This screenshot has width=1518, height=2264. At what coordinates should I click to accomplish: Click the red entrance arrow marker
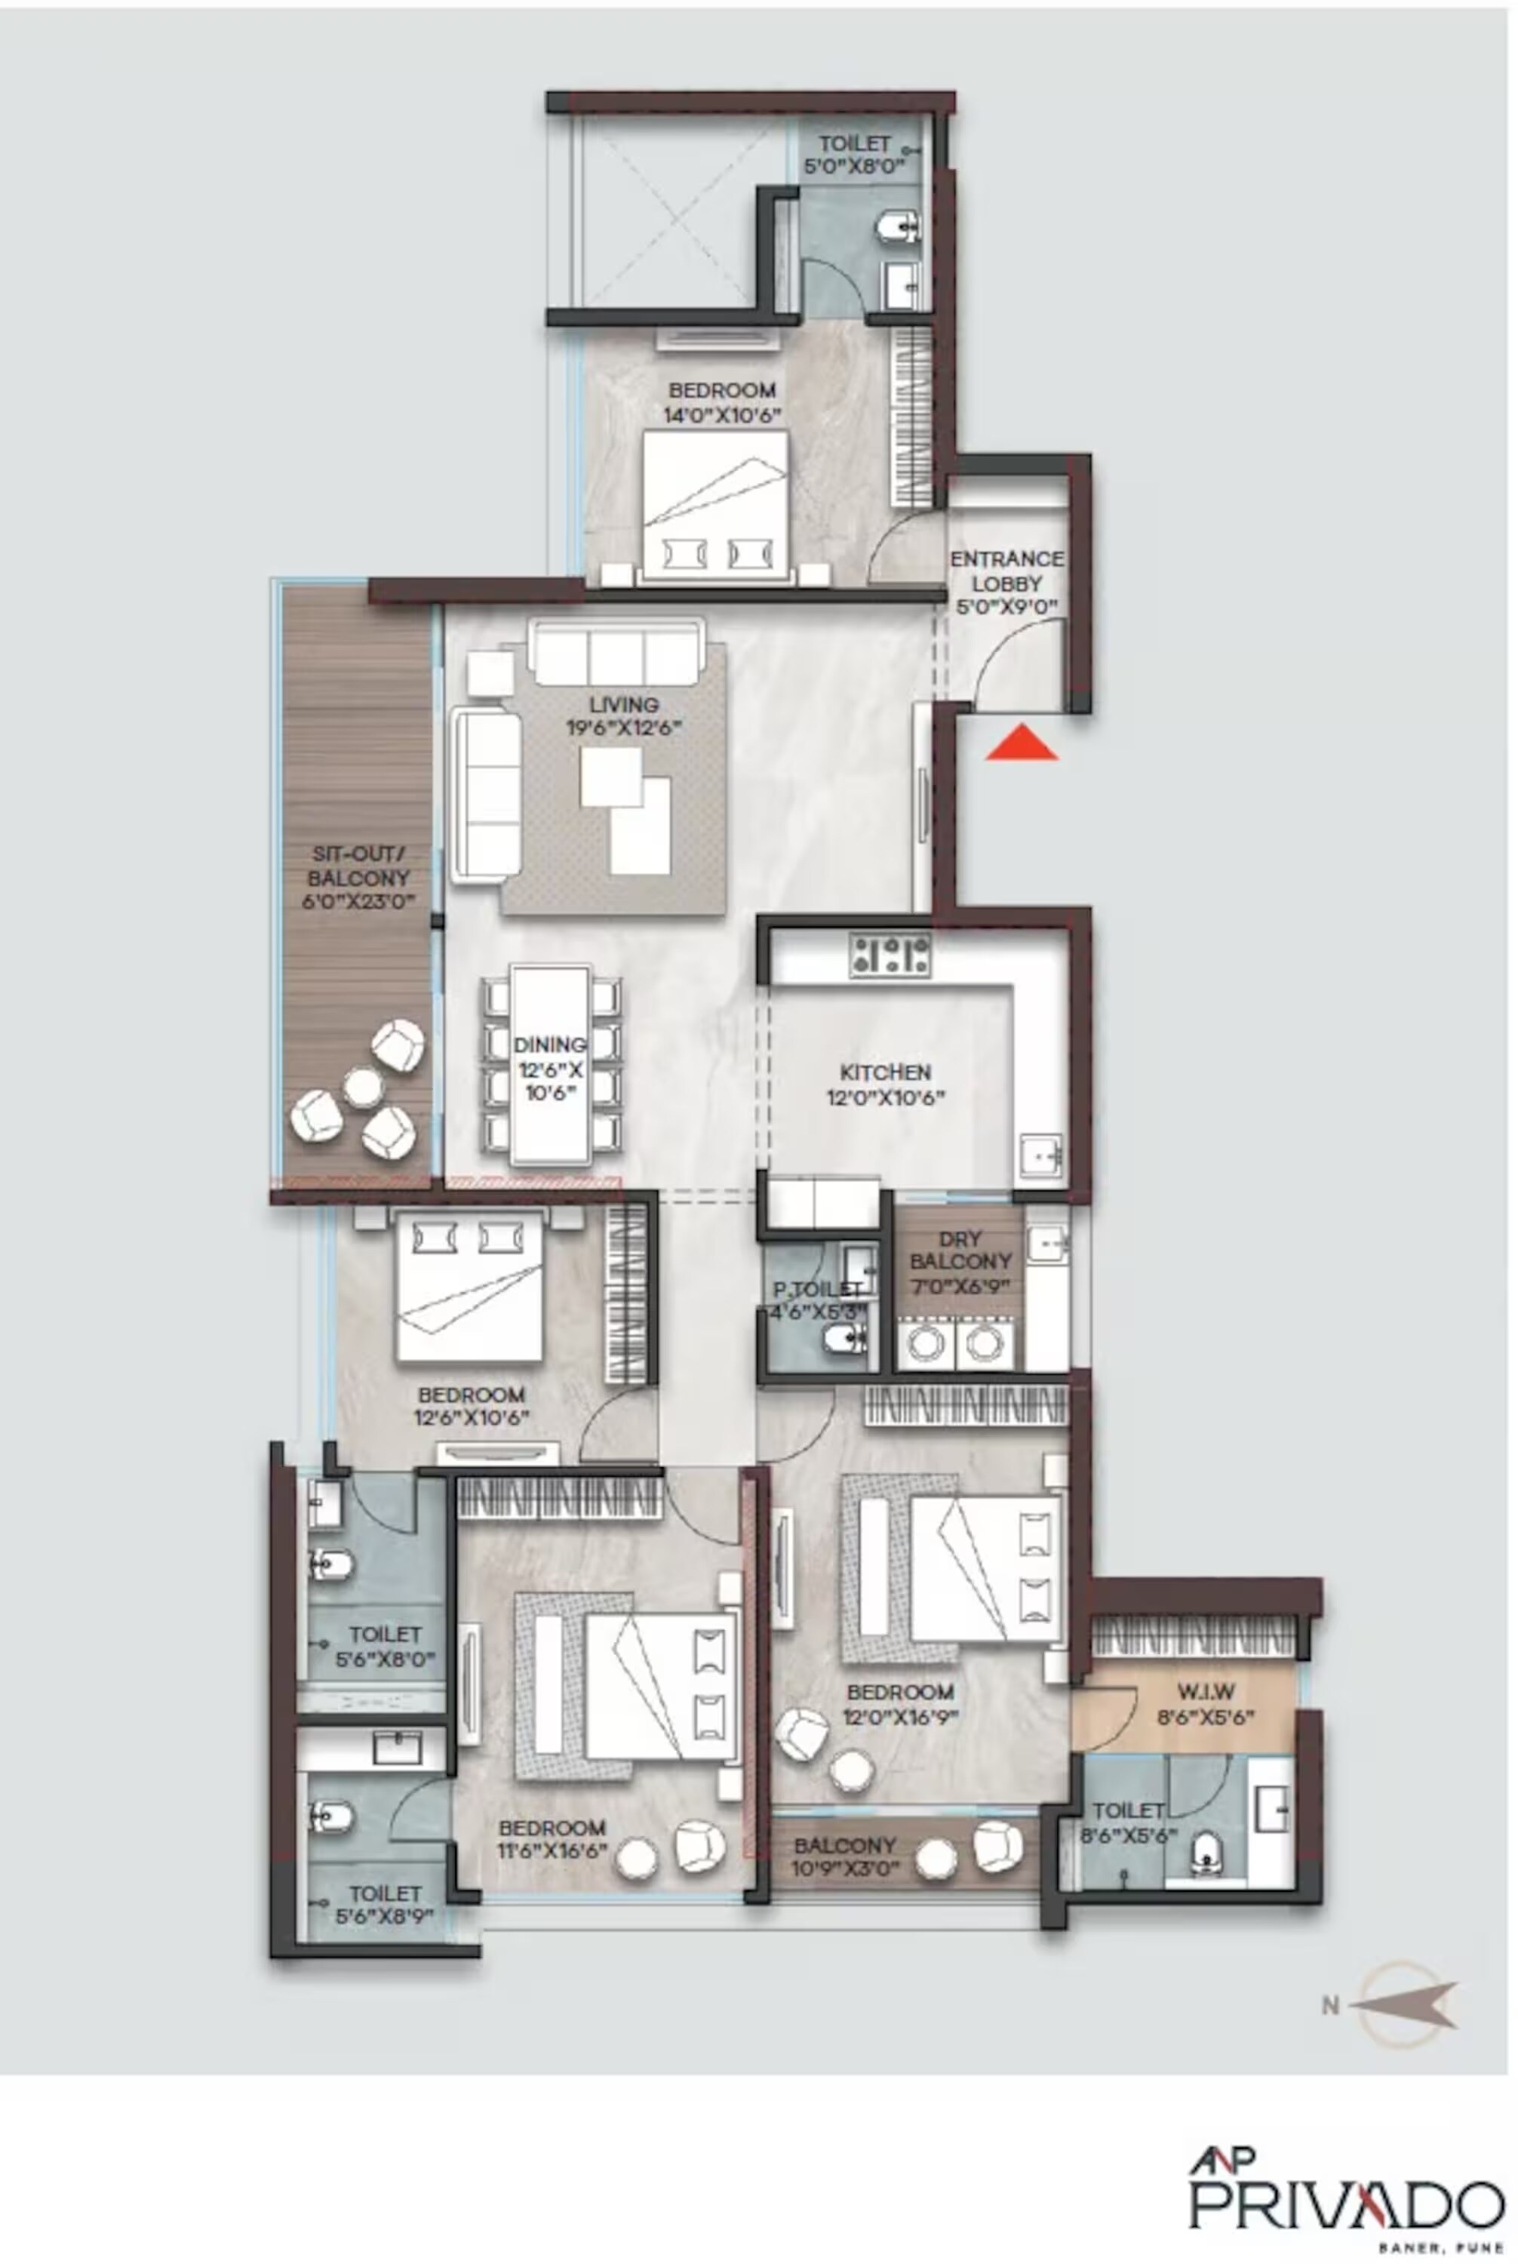(1022, 743)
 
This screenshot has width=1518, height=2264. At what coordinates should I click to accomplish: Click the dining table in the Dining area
(550, 1063)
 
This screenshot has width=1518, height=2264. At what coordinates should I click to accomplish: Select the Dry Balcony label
(960, 1249)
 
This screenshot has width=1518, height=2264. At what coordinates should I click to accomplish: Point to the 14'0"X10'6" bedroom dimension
(722, 414)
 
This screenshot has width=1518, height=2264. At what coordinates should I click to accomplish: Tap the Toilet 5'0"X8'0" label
(854, 155)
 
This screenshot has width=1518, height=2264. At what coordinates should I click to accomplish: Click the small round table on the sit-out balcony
(363, 1087)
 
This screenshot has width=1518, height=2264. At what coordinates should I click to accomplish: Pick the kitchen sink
(1040, 1155)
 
